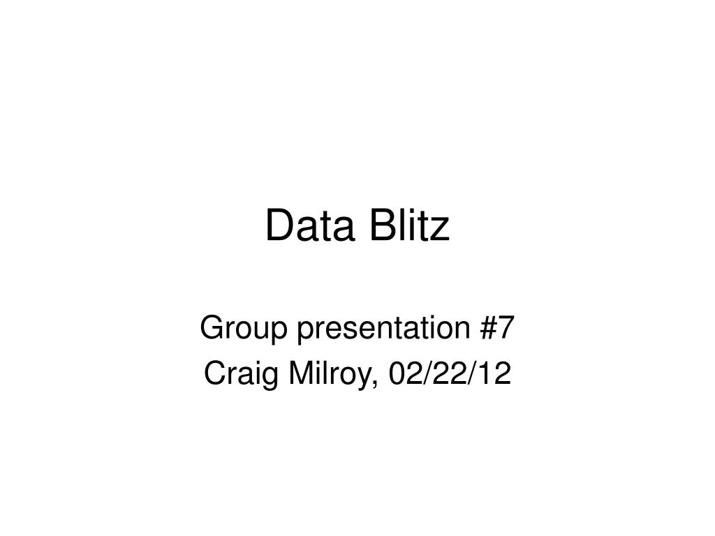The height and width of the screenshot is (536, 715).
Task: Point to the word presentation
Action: click(380, 329)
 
